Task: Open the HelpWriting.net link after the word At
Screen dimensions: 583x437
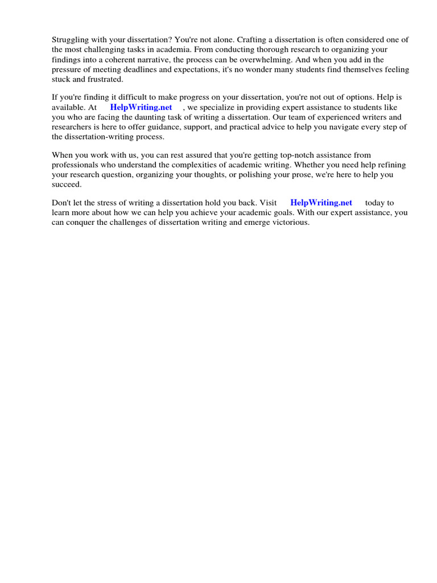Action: [141, 108]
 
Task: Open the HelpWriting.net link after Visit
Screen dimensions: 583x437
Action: [321, 203]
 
